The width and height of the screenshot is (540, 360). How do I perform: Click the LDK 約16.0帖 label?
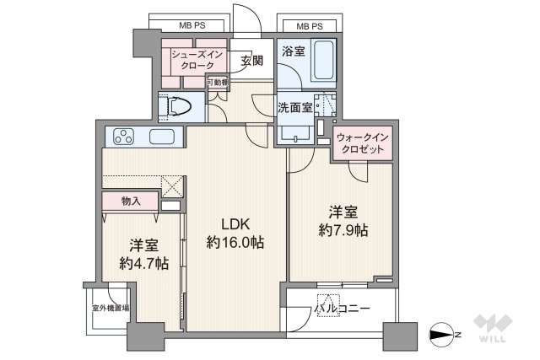235,234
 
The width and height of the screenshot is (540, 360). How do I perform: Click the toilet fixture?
179,106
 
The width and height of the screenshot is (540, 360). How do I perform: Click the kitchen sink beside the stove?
162,137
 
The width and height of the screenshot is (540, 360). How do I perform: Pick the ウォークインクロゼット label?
363,142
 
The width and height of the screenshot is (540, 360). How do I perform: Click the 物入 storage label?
130,201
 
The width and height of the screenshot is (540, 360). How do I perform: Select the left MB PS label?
190,26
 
